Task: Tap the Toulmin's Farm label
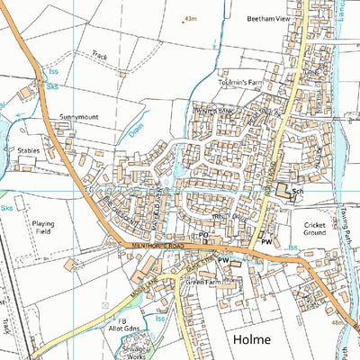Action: tap(238, 83)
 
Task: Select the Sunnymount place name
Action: tap(78, 117)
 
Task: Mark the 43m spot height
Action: tap(190, 18)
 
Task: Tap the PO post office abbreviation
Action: tap(203, 235)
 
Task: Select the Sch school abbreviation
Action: tap(297, 193)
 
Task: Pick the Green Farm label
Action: tap(203, 282)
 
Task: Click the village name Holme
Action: tap(252, 339)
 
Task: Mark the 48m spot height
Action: tap(338, 321)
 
